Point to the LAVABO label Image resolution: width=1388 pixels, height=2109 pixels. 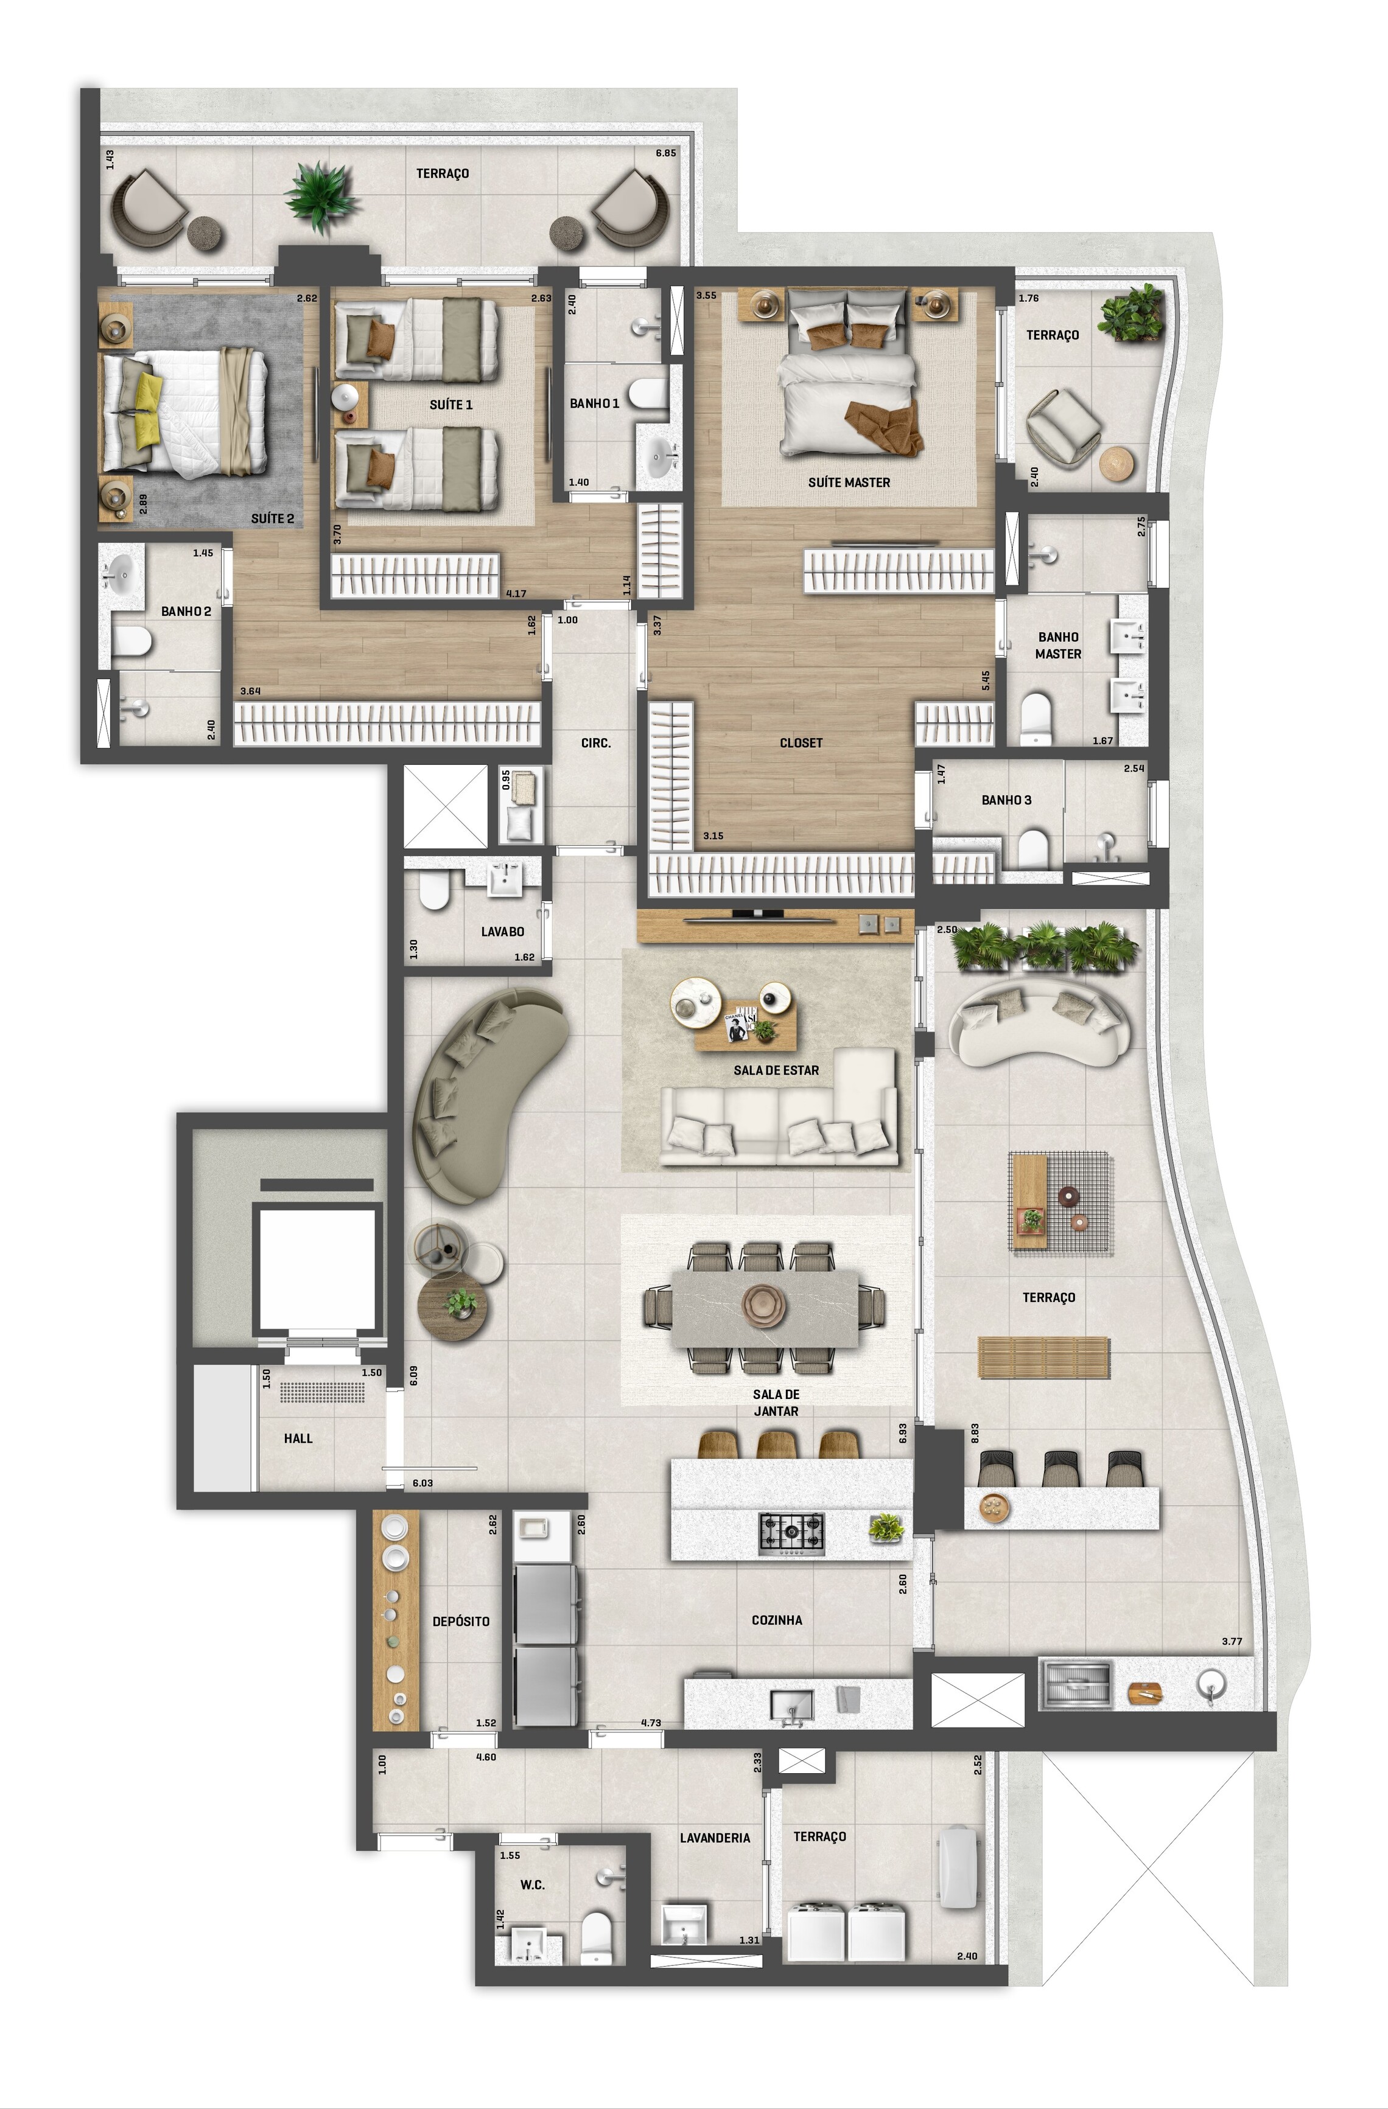(503, 932)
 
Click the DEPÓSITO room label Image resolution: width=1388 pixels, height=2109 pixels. (461, 1621)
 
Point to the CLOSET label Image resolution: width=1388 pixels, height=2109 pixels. (801, 742)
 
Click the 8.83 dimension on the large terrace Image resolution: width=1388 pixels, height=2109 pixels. (975, 1433)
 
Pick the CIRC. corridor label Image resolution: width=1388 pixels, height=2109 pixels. (595, 742)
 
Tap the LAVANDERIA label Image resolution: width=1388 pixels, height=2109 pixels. (714, 1838)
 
